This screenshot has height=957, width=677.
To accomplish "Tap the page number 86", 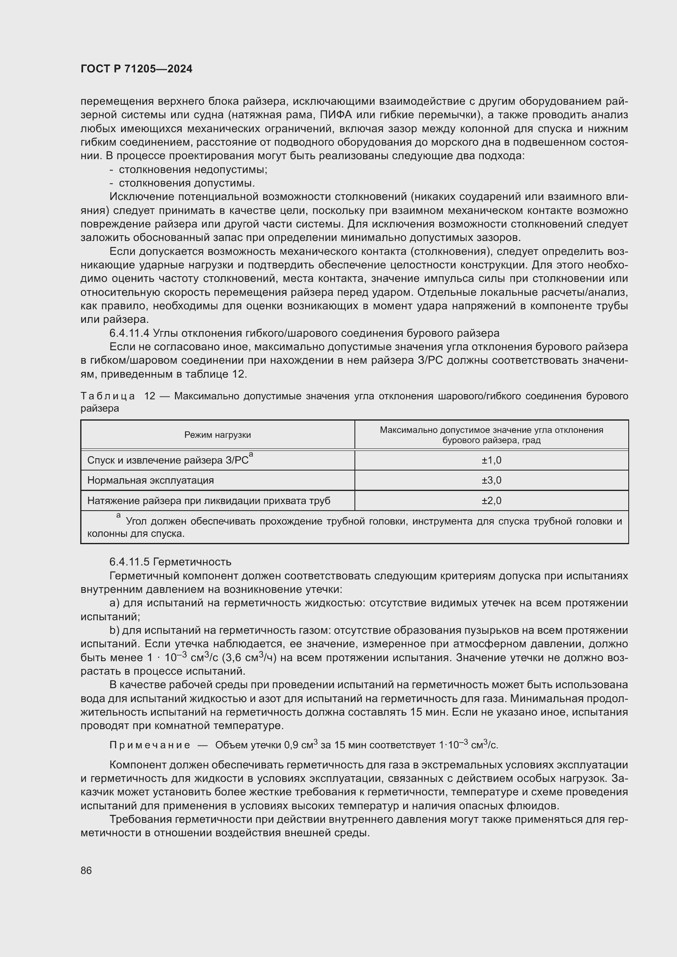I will [x=86, y=870].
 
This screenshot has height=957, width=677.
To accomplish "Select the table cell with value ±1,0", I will [x=491, y=460].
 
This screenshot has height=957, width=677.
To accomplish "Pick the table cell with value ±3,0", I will [x=491, y=480].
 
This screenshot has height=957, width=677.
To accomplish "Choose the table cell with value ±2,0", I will [x=491, y=500].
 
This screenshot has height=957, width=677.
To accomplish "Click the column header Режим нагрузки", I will [x=217, y=435].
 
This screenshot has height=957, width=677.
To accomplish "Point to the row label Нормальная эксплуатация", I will [x=151, y=480].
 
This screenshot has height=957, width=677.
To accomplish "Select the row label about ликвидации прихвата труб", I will [x=208, y=500].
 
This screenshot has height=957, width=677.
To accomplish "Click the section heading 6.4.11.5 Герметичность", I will [x=170, y=562].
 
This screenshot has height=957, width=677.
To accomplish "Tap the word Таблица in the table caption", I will [x=108, y=396].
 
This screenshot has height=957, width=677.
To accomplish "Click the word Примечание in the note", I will [x=149, y=745].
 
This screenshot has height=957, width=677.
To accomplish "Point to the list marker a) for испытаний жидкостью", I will [x=114, y=603].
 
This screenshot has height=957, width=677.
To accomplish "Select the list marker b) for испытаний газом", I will [x=114, y=630].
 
